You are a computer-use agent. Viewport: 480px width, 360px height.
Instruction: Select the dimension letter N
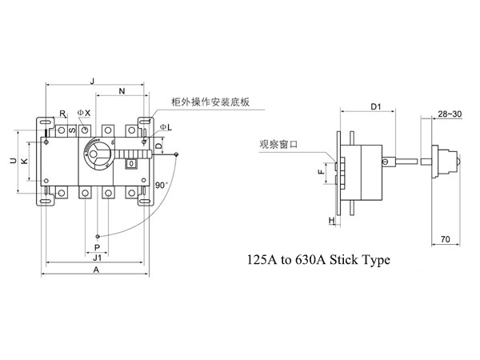point(121,91)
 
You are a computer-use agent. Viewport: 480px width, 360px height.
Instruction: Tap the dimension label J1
point(97,258)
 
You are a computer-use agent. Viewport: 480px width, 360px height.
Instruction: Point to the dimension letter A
point(95,271)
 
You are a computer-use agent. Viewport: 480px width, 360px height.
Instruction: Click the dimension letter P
point(97,247)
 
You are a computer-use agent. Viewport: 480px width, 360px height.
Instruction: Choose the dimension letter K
point(24,162)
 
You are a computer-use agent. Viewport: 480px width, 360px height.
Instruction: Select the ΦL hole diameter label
point(164,128)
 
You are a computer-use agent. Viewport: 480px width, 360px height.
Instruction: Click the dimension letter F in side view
point(320,171)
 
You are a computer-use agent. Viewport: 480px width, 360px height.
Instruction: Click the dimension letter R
point(62,114)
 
